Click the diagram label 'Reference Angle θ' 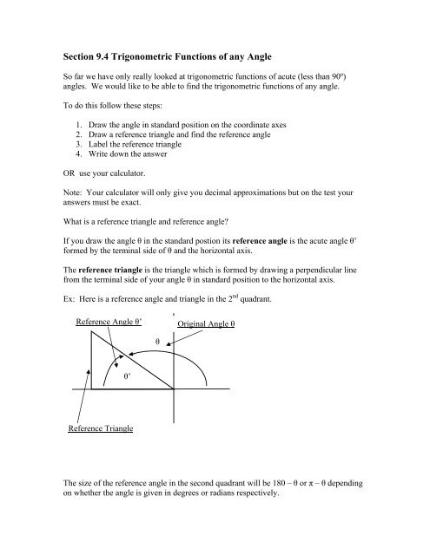tap(109, 323)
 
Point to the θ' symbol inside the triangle tap(127, 378)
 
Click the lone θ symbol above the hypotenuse tap(157, 342)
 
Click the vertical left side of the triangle tap(89, 364)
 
